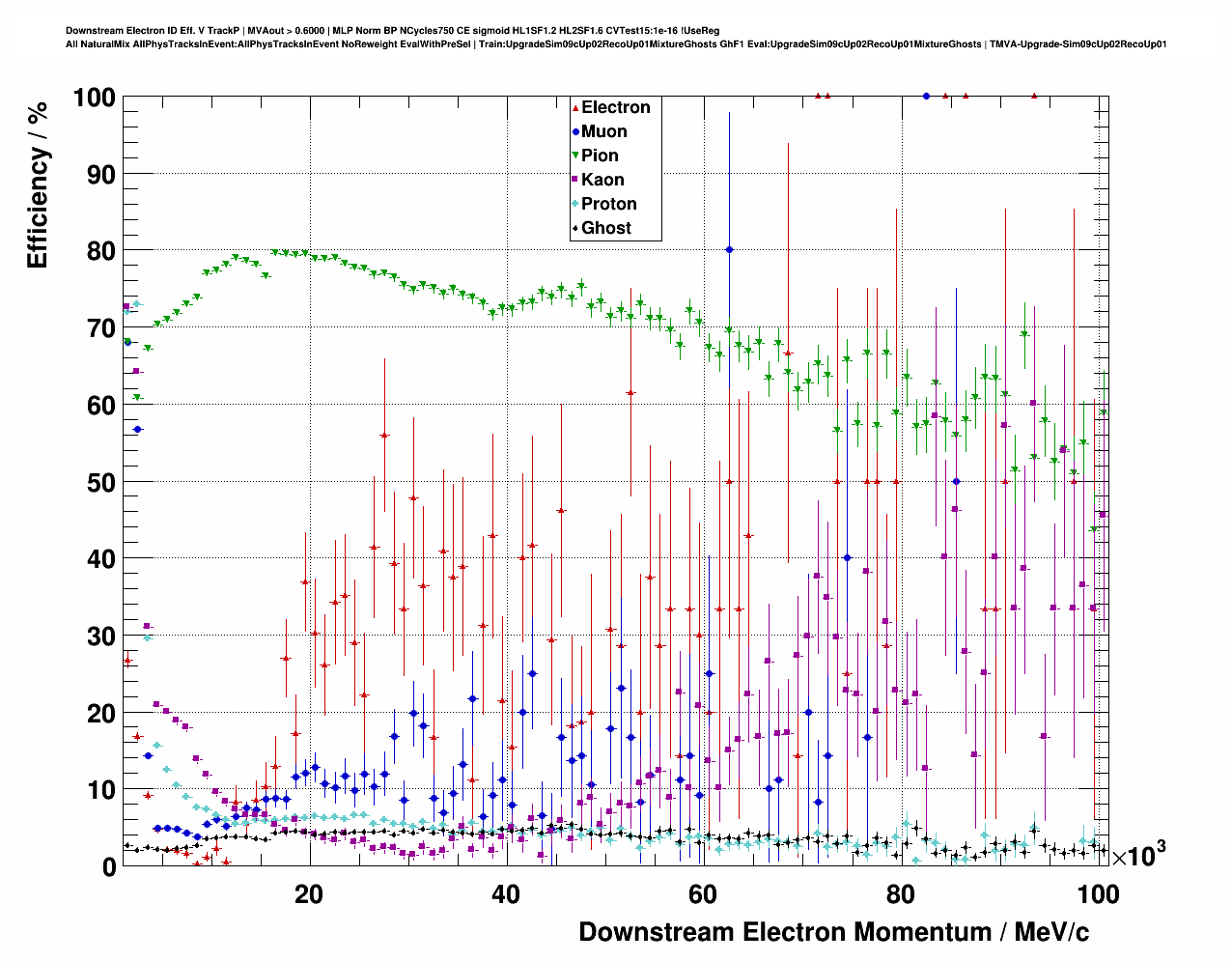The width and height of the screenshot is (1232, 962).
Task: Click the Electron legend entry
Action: click(615, 107)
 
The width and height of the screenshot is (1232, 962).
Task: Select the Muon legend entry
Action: click(603, 131)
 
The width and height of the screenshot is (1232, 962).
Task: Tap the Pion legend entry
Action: click(599, 156)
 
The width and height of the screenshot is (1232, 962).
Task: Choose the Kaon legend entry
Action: click(602, 180)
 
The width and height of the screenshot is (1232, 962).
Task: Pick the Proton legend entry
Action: click(608, 204)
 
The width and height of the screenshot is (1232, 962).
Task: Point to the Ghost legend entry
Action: click(605, 228)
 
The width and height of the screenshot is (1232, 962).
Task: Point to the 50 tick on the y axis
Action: click(100, 482)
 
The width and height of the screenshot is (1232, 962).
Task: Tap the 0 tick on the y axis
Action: click(108, 866)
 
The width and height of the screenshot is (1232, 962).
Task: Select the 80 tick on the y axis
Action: click(100, 251)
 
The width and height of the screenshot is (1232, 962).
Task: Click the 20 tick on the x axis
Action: click(309, 894)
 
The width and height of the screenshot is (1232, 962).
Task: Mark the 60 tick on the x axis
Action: click(703, 894)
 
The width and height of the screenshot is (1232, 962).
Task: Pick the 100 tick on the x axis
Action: click(1098, 894)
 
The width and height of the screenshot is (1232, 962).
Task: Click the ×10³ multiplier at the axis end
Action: click(1138, 855)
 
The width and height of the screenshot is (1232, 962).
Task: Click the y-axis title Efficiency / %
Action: click(38, 184)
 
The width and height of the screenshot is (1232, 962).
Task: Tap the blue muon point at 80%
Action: click(729, 249)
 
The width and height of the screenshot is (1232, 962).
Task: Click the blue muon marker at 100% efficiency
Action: click(926, 96)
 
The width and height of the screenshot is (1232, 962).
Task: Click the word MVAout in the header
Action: click(264, 31)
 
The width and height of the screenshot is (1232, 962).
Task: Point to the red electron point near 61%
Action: click(630, 393)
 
